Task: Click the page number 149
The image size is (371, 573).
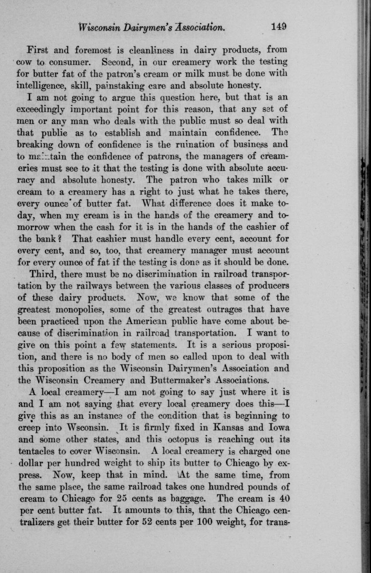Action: (x=278, y=27)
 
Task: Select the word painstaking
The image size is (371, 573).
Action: (x=119, y=86)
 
